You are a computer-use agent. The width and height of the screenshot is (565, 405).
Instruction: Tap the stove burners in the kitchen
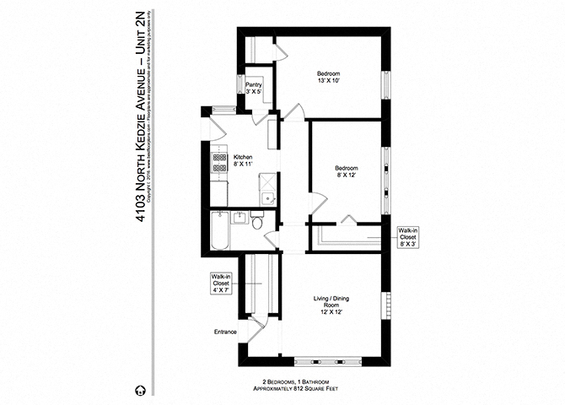[219, 163]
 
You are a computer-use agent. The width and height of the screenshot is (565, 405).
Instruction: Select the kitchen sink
[266, 197]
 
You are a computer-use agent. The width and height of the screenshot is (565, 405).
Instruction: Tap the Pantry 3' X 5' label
[254, 89]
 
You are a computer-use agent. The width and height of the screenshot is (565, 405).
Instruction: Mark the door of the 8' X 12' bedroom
[319, 201]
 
